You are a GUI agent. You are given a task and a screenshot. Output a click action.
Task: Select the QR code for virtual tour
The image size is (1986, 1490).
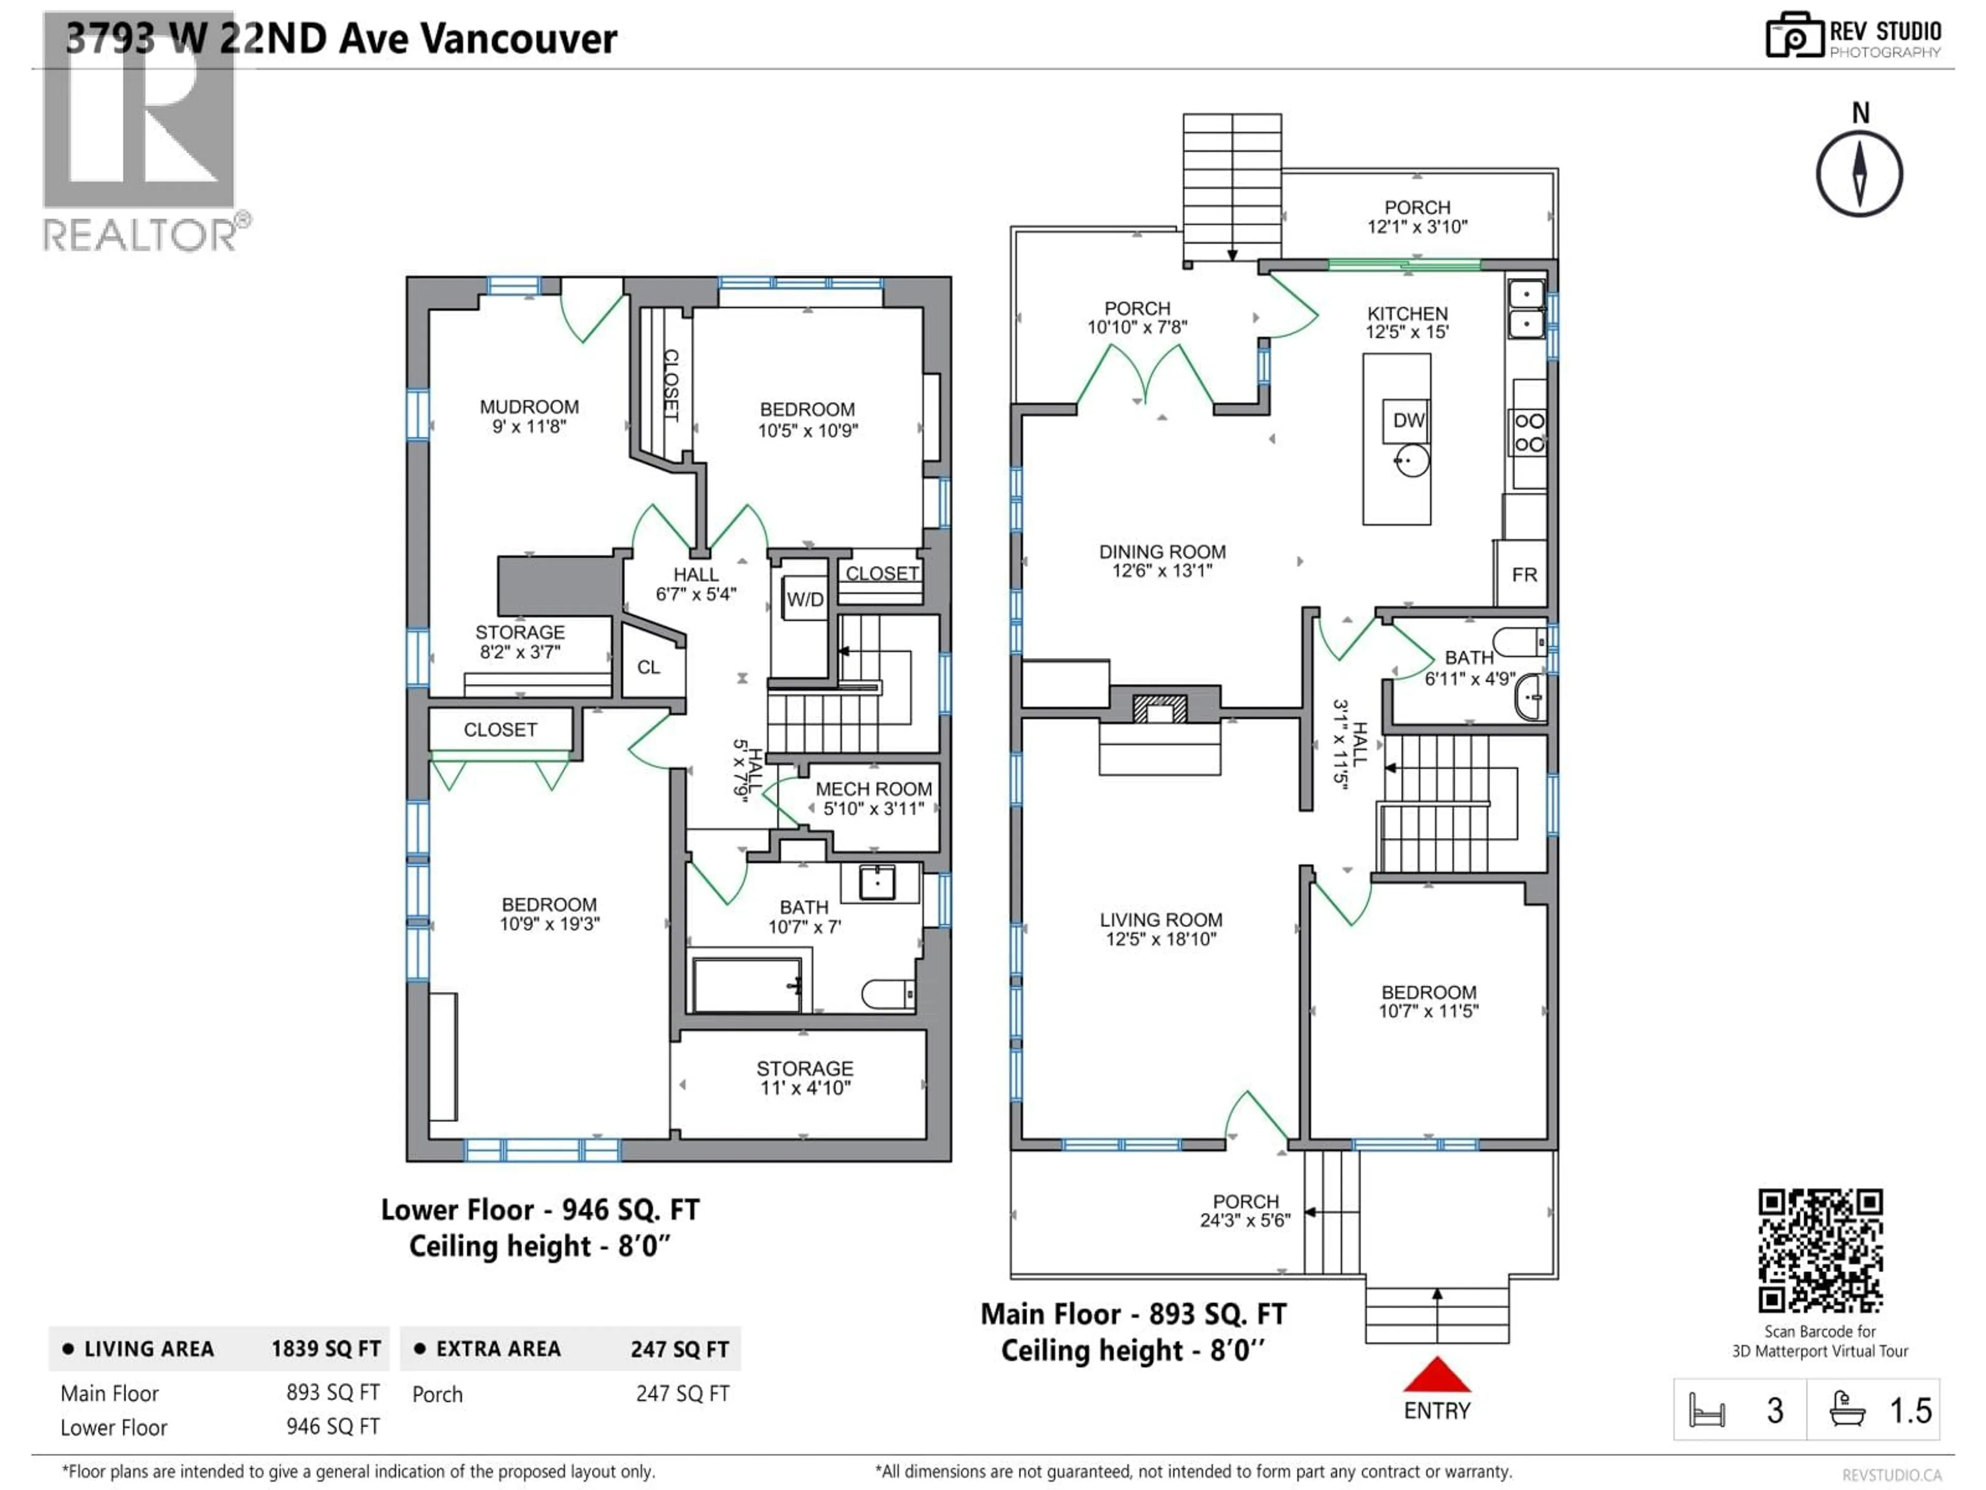(x=1820, y=1251)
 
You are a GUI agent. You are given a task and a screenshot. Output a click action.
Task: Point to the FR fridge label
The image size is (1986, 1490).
(x=1524, y=575)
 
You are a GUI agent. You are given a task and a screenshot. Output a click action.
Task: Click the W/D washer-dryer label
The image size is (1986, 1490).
(x=804, y=600)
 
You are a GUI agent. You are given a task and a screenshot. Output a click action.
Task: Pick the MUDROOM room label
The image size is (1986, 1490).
(x=529, y=407)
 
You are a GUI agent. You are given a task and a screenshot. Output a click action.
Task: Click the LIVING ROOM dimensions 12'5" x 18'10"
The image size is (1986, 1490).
(x=1161, y=940)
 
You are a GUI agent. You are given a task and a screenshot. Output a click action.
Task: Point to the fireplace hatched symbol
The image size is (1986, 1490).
(x=1160, y=709)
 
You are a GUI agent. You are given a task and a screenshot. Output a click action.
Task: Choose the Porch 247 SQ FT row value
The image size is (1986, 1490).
(x=682, y=1394)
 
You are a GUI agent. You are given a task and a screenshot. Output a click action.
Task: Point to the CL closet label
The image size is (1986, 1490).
(x=648, y=667)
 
